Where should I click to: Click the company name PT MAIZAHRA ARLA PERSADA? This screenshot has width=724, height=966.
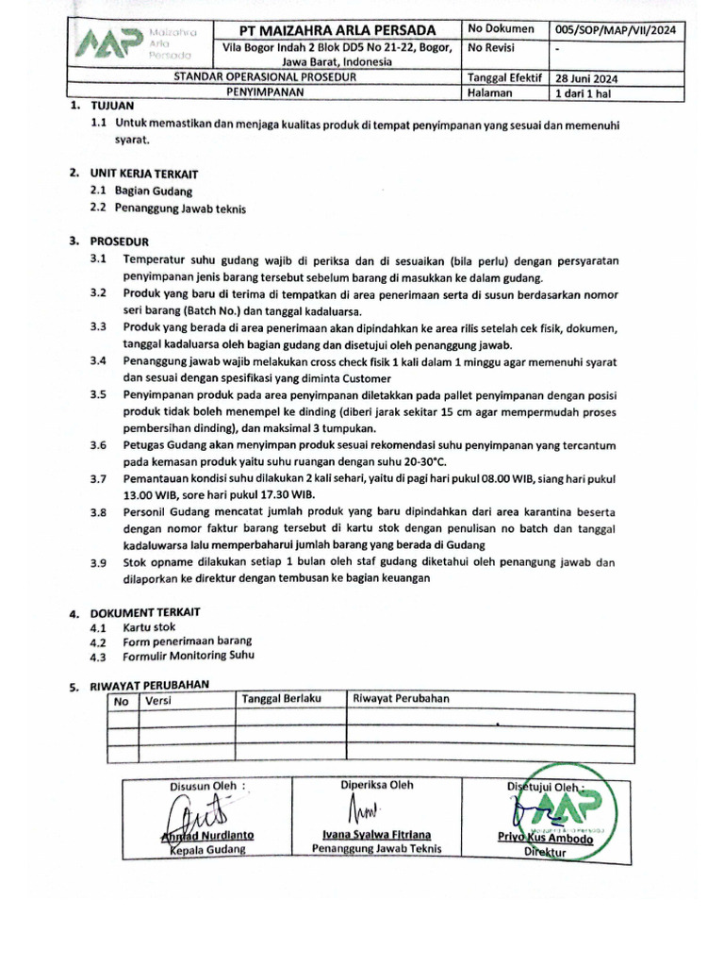(337, 29)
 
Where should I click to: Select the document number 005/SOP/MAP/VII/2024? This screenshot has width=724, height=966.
(617, 30)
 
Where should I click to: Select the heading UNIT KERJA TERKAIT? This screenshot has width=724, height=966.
(144, 175)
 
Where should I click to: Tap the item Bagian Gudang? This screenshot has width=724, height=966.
(154, 192)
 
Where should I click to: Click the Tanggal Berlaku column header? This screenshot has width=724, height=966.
(282, 699)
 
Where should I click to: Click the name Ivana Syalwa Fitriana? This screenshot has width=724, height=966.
(376, 835)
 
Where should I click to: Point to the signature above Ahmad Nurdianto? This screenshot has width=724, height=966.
(196, 810)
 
